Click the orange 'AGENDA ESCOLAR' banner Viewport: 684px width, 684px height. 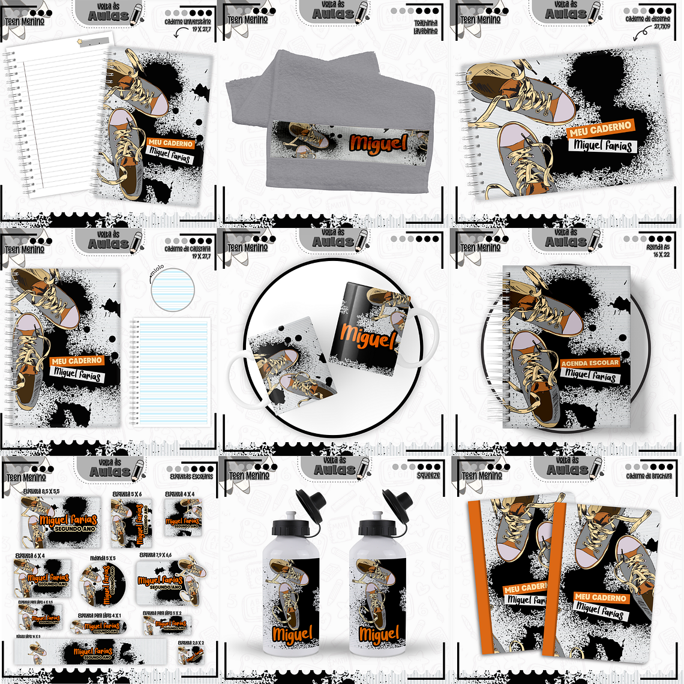pos(590,363)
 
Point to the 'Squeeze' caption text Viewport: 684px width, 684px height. pos(428,475)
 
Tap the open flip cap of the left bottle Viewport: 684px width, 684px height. pos(311,502)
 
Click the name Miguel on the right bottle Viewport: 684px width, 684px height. pos(379,634)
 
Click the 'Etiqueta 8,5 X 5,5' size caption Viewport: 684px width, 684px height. pos(41,491)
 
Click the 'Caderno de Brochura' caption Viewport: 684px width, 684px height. pos(648,476)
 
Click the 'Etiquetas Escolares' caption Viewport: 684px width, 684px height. pos(191,476)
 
